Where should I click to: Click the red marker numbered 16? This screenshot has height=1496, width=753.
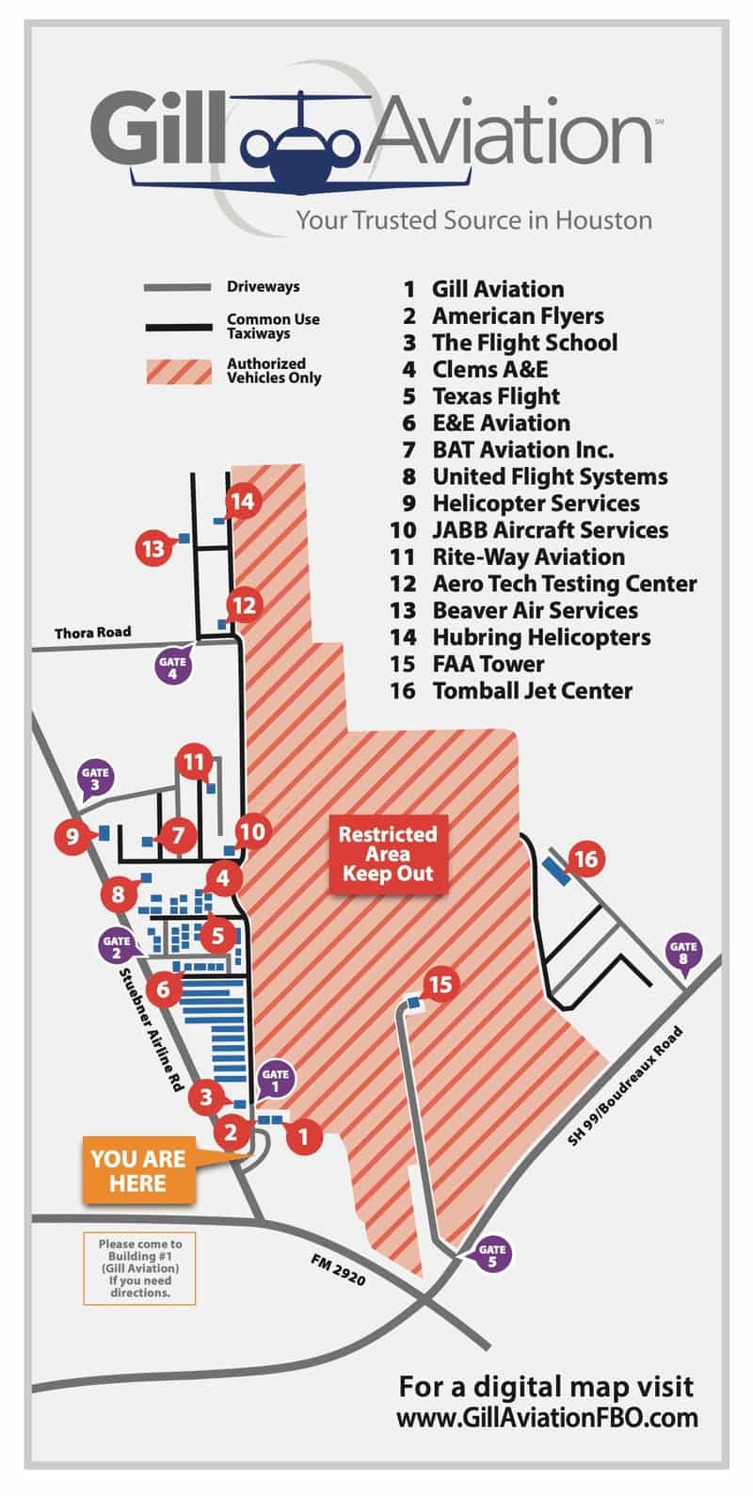click(x=586, y=859)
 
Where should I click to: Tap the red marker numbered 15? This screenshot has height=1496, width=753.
click(x=441, y=985)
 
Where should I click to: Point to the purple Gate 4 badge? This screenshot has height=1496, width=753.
click(x=172, y=667)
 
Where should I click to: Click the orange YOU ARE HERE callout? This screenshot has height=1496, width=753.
click(x=138, y=1171)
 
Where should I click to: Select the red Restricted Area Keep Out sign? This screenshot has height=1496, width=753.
click(x=388, y=853)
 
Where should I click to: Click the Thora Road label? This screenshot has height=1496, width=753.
click(x=92, y=632)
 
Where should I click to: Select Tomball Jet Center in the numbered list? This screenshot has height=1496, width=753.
click(x=532, y=690)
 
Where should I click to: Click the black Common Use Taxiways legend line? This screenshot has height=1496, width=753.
click(x=178, y=327)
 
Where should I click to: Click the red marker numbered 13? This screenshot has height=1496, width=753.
click(x=154, y=547)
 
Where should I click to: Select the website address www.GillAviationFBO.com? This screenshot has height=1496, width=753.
click(x=547, y=1418)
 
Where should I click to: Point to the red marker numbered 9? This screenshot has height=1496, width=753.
click(x=72, y=835)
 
